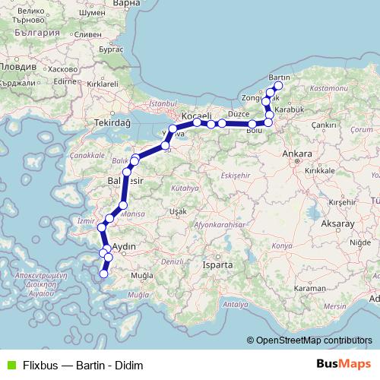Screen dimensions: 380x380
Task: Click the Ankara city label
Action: coord(297,154)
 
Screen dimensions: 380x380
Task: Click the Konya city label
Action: coord(282,246)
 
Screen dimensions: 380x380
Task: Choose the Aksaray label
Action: coord(338,225)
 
